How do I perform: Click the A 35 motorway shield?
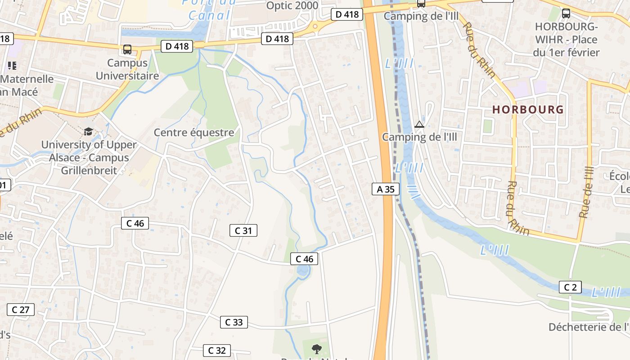pos(386,189)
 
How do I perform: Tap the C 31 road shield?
pos(243,230)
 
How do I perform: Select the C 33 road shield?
pos(234,322)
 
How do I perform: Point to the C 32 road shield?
pos(217,350)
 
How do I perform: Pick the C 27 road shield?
pos(21,309)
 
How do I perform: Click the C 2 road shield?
pos(570,287)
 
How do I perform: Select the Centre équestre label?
pos(194,132)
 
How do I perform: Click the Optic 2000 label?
pos(292,5)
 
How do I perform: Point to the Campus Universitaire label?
pos(127,69)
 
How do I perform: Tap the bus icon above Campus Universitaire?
pos(127,49)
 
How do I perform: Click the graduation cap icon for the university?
pos(88,131)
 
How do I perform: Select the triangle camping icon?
pos(419,124)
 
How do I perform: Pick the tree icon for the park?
pos(317,348)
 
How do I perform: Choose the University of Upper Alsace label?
pos(89,157)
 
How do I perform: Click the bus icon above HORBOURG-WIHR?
pos(566,13)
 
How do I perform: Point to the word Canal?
pos(209,15)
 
